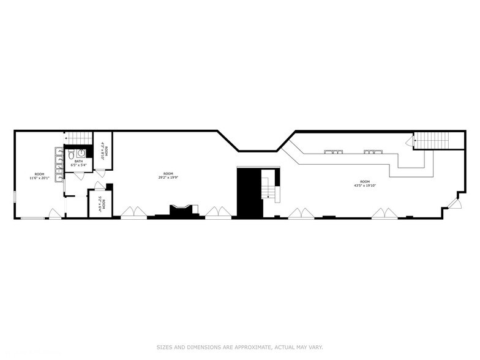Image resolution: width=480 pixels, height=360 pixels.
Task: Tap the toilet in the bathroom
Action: pyautogui.click(x=71, y=153)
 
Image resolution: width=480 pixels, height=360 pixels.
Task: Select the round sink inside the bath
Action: pyautogui.click(x=81, y=153)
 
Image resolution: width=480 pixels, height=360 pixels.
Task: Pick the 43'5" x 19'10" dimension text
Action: pyautogui.click(x=365, y=186)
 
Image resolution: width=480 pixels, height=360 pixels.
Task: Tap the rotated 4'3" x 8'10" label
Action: pyautogui.click(x=103, y=151)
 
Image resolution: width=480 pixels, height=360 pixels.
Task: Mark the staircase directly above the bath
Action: pyautogui.click(x=78, y=138)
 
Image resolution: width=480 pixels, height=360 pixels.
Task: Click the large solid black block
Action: pyautogui.click(x=249, y=192)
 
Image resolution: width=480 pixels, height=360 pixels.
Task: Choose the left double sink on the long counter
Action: pyautogui.click(x=333, y=151)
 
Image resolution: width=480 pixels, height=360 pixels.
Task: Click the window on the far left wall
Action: pyautogui.click(x=15, y=197)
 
